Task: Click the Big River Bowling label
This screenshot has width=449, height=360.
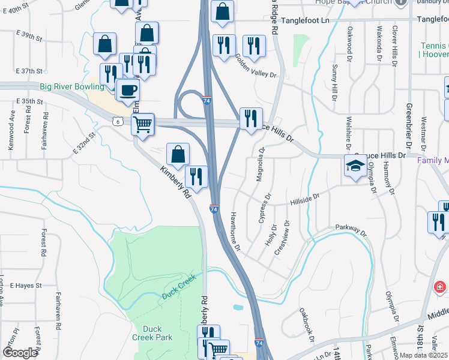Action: point(72,87)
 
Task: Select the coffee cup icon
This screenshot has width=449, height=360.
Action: point(127,91)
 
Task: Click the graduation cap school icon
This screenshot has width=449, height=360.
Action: point(355,166)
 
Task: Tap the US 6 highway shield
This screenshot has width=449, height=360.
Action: point(118,121)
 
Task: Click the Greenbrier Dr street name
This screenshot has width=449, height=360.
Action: point(408,127)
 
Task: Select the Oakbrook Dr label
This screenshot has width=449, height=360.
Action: point(306,325)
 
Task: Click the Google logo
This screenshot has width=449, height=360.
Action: point(20,353)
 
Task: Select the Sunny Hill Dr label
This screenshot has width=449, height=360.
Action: point(334,84)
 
